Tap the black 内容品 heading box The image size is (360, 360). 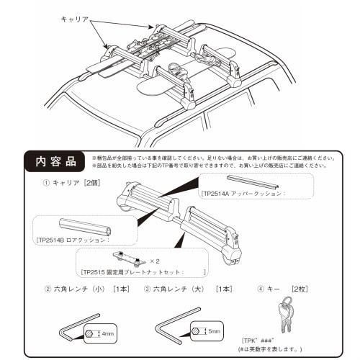51,159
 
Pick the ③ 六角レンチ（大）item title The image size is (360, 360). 183,290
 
